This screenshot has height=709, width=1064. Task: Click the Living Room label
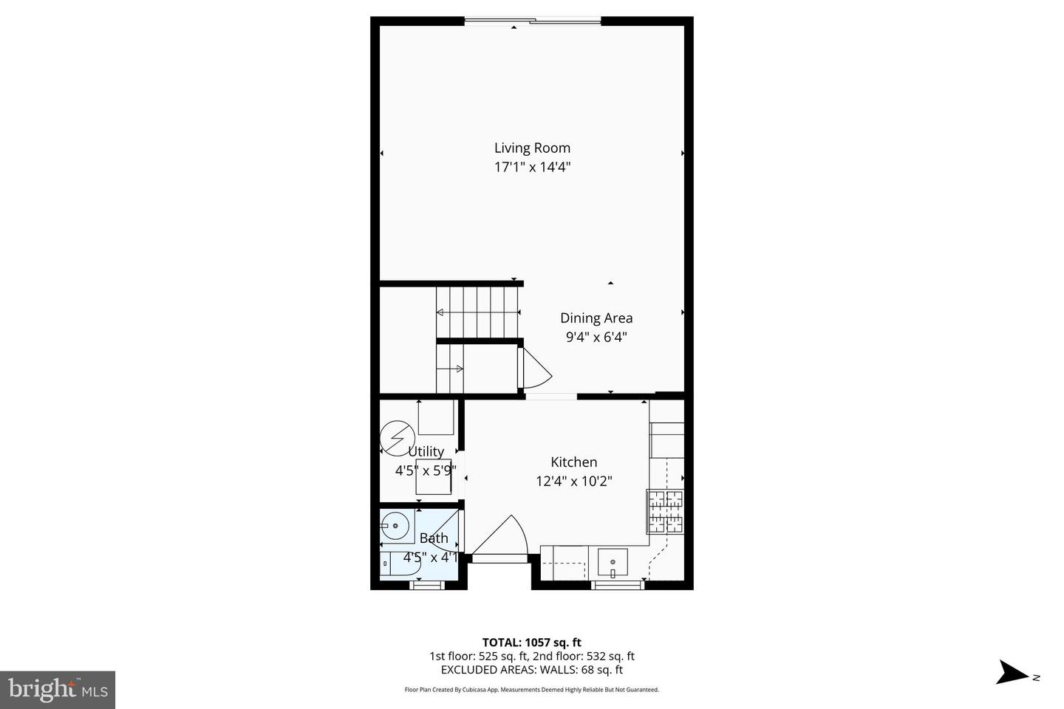[532, 148]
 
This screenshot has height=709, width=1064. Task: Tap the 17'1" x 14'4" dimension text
[532, 168]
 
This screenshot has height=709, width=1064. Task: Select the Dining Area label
[596, 318]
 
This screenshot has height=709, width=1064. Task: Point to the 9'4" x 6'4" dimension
[596, 338]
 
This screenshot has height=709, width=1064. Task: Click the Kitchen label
[573, 462]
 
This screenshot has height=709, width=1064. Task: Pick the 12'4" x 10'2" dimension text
[573, 482]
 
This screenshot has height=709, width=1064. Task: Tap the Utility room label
[426, 451]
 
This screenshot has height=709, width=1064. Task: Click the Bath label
[434, 538]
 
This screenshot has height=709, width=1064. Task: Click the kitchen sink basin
[612, 563]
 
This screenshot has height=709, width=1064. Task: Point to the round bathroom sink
[396, 527]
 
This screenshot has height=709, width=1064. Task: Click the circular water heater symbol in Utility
[397, 438]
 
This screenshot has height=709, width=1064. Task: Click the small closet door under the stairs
[536, 368]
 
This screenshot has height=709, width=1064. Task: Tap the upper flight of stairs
[477, 311]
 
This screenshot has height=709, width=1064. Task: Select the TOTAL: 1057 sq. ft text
[531, 643]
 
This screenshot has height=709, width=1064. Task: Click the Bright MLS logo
[58, 690]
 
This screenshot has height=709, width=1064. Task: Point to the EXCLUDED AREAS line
[531, 670]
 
